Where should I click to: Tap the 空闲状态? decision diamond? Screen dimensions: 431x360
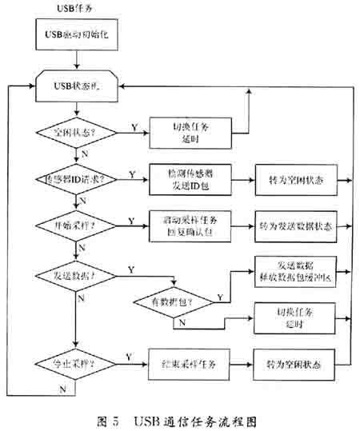click(x=74, y=130)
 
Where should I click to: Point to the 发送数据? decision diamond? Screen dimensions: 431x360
click(x=74, y=274)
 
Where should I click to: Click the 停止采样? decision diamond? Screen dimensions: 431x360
click(x=74, y=364)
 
